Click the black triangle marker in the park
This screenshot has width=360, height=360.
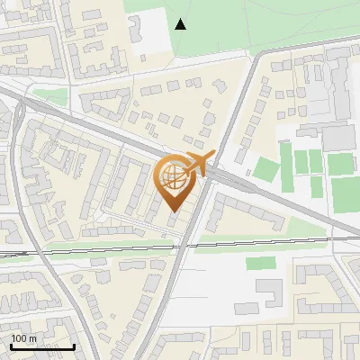pos(181,24)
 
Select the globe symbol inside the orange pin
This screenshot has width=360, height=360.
pos(174,178)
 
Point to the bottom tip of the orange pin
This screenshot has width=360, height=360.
pos(175,211)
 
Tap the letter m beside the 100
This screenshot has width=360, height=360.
pos(33,338)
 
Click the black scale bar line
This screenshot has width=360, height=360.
pos(41,346)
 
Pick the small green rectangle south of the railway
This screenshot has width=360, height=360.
pos(261,263)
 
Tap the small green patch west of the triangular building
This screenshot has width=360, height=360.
pos(52,96)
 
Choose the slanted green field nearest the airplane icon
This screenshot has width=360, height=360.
pos(265,169)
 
